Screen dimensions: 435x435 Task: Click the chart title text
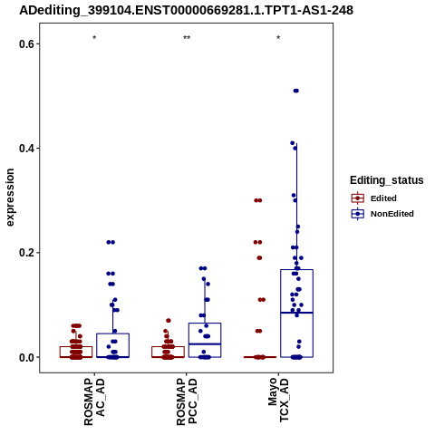[x=186, y=10]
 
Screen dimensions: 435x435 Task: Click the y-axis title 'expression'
[x=10, y=198]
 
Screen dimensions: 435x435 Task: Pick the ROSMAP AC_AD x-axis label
[x=94, y=401]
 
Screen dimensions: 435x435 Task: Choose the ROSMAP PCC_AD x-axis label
[x=187, y=401]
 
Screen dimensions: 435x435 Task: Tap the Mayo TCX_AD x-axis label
[x=278, y=400]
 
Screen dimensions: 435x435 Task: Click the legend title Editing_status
[x=387, y=180]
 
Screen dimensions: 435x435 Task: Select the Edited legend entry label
[x=383, y=198]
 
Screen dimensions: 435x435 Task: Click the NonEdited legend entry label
[x=392, y=214]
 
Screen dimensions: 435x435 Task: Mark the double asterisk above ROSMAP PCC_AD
[x=187, y=38]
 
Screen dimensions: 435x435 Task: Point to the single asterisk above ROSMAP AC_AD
[x=94, y=38]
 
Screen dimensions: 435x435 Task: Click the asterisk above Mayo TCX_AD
[x=278, y=38]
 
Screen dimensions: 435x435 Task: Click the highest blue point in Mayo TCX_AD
[x=296, y=91]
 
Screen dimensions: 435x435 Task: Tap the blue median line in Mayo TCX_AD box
[x=296, y=313]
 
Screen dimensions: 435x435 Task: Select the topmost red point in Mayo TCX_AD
[x=258, y=200]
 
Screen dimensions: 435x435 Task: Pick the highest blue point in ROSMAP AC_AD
[x=111, y=242]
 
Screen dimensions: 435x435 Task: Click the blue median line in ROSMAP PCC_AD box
[x=205, y=344]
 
